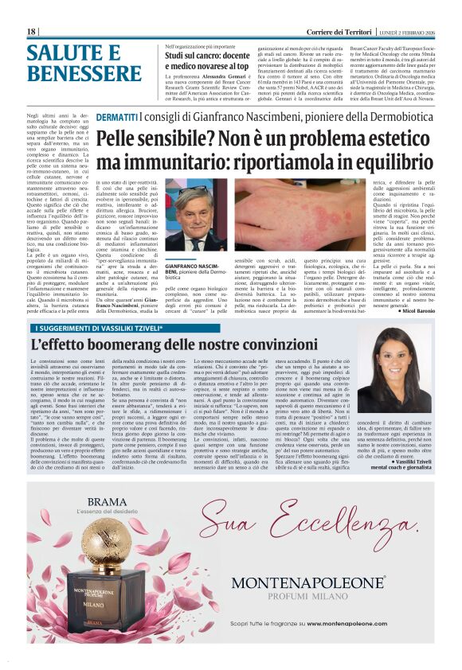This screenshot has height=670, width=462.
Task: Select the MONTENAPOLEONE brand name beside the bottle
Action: [x=308, y=582]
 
